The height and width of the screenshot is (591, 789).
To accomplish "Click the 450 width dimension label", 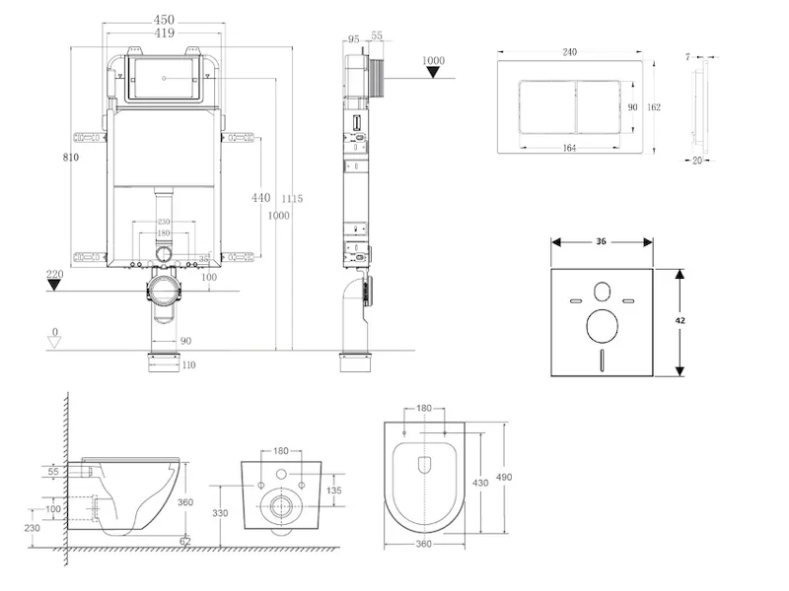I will coord(165,19).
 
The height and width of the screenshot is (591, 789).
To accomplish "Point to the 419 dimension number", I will coord(165,33).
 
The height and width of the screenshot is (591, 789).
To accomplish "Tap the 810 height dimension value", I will coord(69,157).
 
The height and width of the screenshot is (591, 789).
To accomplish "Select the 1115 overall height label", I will coord(290,199).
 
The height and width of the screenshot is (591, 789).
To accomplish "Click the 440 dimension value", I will coord(260,198).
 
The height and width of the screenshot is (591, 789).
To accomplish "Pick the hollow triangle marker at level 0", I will coord(55,341).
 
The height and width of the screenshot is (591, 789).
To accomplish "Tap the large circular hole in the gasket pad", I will coord(602,324).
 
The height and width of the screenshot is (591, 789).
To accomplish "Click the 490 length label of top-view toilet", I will coord(504,478).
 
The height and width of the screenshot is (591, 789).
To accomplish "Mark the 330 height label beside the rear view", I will coord(222,512).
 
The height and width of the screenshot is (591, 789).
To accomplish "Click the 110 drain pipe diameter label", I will coord(187,365).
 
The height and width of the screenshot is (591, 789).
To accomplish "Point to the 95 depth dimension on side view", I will coord(352,39).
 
